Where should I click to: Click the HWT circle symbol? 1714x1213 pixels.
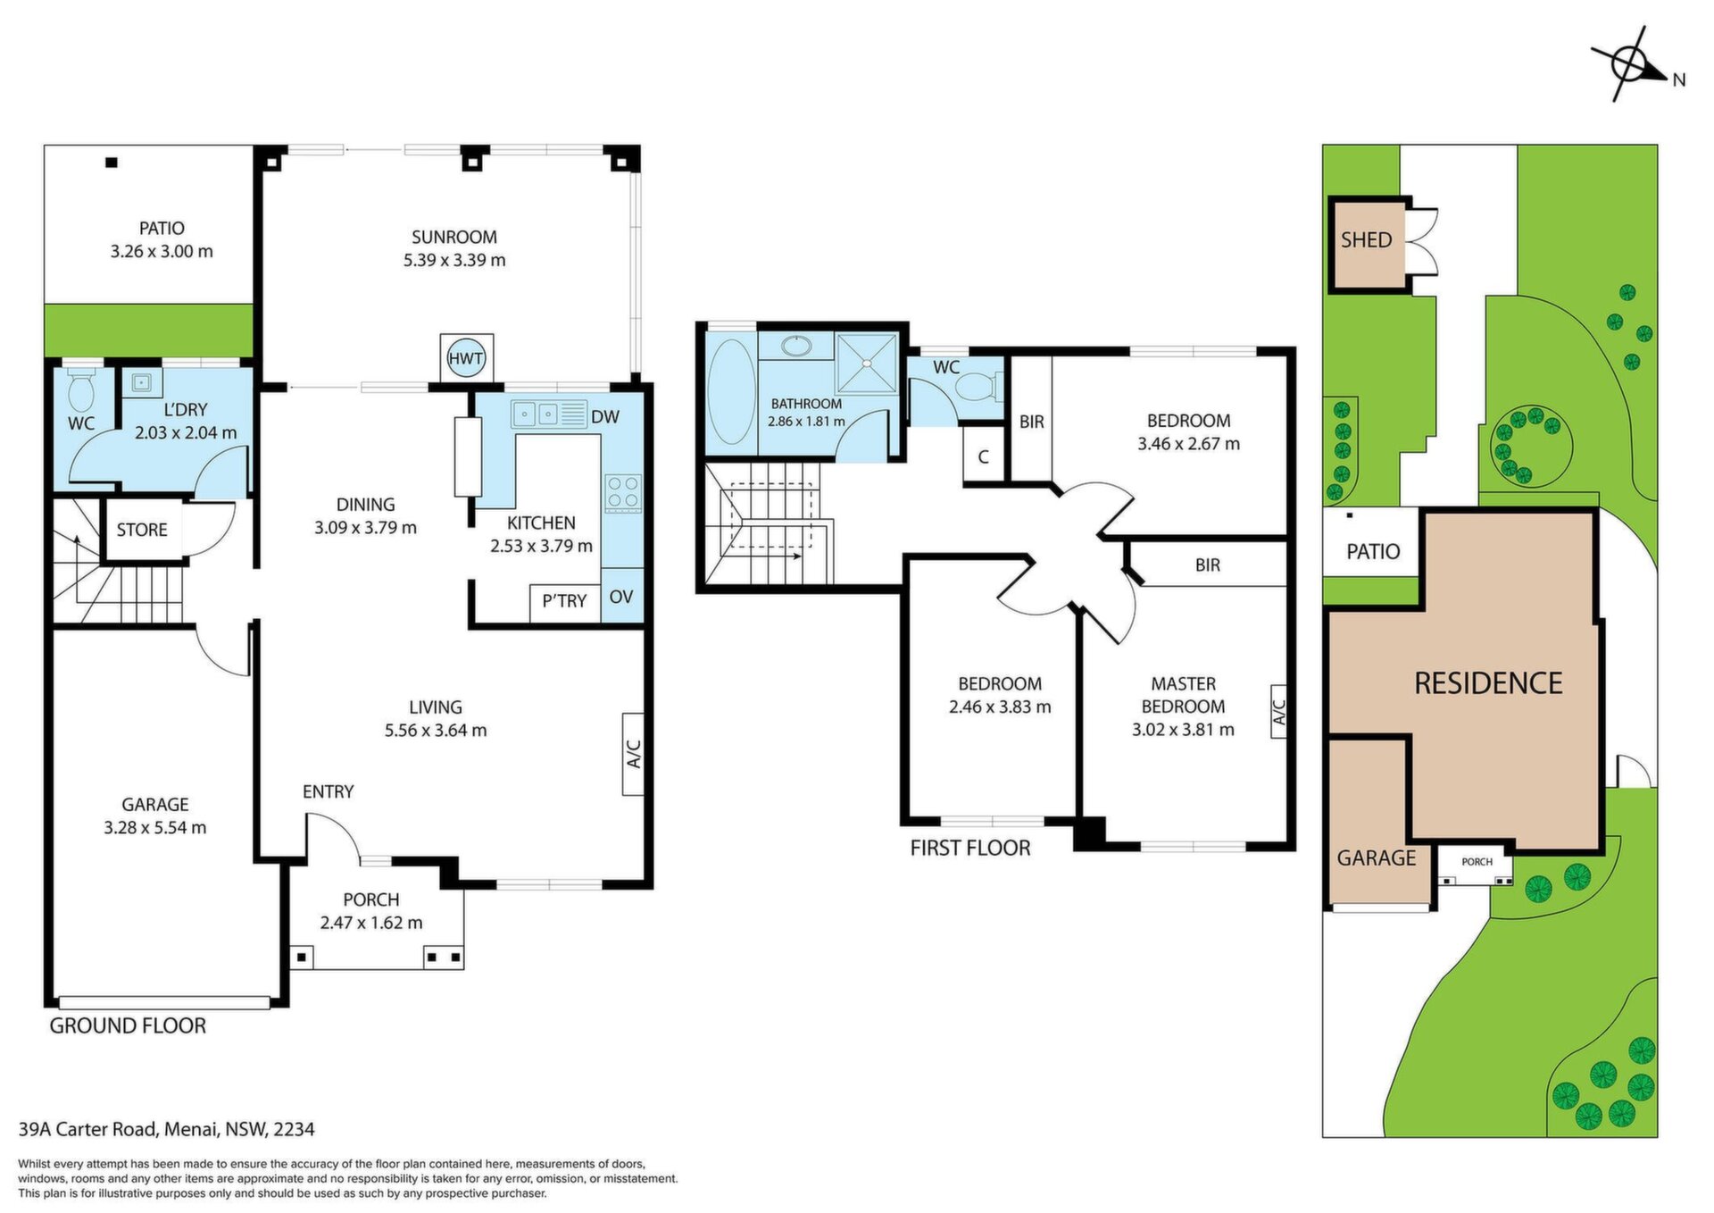tap(466, 358)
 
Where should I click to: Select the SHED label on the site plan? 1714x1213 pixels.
tap(1366, 239)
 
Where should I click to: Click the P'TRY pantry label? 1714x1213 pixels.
tap(564, 601)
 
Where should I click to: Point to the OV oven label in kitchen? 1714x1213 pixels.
tap(621, 597)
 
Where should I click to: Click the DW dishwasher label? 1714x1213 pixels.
tap(605, 416)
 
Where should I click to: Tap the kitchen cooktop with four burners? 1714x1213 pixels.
tap(623, 492)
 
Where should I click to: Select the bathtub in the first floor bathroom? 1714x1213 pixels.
tap(731, 391)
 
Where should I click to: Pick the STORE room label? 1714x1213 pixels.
tap(142, 530)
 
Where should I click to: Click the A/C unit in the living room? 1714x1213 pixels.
tap(633, 754)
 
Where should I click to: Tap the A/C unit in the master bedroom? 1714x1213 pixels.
tap(1278, 712)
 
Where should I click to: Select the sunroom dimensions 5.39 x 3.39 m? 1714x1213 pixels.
tap(454, 260)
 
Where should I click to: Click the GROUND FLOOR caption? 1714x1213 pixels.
tap(128, 1025)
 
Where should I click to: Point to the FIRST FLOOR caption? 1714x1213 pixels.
tap(970, 848)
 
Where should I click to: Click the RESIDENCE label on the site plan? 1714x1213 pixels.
tap(1488, 683)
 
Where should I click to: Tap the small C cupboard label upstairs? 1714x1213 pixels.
tap(983, 457)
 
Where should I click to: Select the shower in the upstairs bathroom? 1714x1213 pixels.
tap(867, 363)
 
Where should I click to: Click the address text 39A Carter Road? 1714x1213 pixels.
tap(88, 1129)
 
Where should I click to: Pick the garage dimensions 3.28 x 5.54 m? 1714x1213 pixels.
tap(155, 828)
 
